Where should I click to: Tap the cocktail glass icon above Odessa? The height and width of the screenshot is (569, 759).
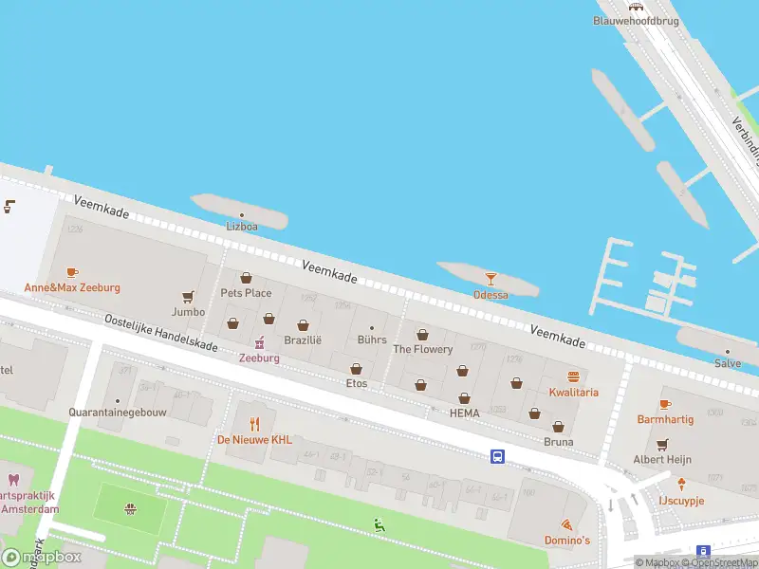[x=491, y=279]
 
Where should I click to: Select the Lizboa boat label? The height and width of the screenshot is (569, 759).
[x=241, y=227]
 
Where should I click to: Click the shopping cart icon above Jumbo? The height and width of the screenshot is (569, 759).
[x=188, y=297]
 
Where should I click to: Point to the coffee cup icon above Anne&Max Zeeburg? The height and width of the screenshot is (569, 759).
[x=73, y=273]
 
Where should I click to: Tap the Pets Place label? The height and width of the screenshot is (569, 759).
[x=246, y=293]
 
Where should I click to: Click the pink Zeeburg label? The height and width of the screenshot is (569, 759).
[x=259, y=358]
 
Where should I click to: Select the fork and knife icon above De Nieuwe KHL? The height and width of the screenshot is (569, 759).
[x=254, y=423]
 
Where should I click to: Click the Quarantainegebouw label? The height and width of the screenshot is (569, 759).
[x=116, y=413]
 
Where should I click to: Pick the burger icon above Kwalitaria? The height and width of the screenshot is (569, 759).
[x=573, y=376]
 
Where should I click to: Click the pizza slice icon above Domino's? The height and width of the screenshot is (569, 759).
[x=567, y=524]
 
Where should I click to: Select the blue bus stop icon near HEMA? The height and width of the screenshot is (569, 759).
[x=497, y=456]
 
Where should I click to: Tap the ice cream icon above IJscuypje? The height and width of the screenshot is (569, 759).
[x=680, y=484]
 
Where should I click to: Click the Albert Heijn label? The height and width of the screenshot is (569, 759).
[x=662, y=459]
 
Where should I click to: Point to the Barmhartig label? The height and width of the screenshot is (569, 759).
[x=665, y=419]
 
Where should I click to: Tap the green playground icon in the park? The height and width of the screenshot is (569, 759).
[x=379, y=523]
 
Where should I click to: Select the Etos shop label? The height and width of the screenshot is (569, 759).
[x=357, y=383]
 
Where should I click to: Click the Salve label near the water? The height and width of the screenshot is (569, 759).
[x=728, y=363]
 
